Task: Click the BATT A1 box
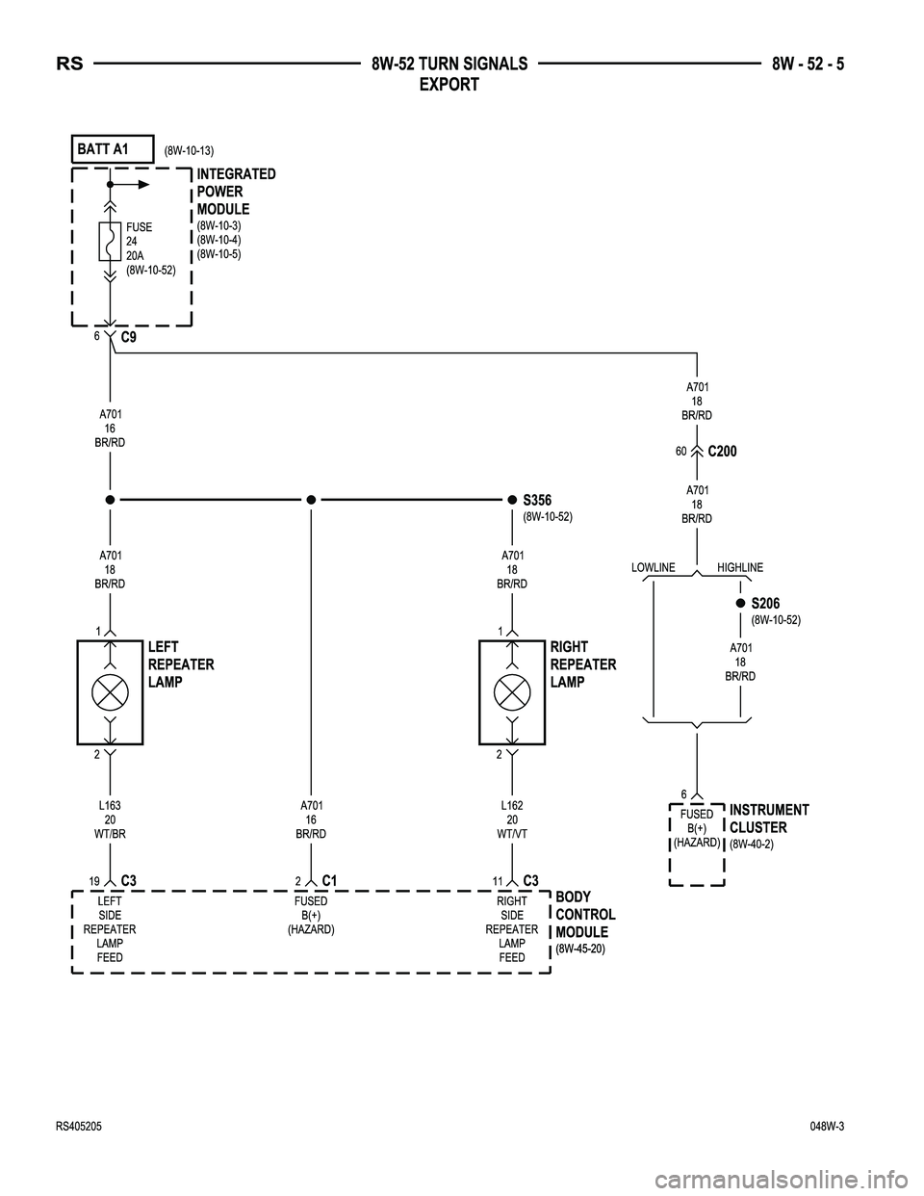113,149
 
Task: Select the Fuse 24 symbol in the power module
110,242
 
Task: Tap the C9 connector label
128,338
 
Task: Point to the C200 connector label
722,452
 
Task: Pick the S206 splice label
765,604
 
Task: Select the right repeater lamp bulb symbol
512,691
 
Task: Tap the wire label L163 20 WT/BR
110,819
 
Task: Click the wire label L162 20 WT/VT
512,819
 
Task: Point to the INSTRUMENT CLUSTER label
769,819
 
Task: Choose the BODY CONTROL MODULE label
585,915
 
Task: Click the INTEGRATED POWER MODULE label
236,192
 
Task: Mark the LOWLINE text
653,568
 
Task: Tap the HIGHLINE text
739,568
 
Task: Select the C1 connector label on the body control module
329,880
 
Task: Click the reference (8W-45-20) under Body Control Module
580,949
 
